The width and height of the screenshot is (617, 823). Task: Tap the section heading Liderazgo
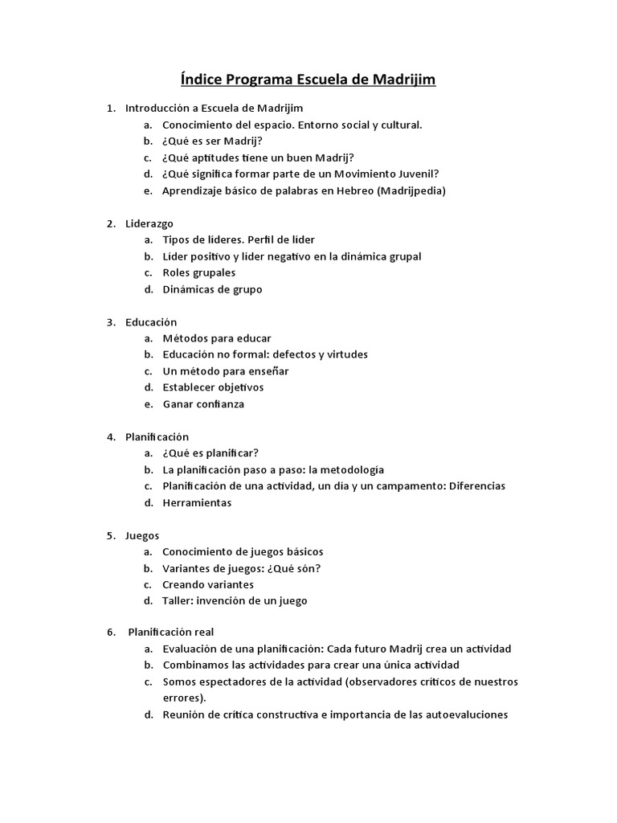click(x=149, y=223)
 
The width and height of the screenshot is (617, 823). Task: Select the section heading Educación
click(x=151, y=322)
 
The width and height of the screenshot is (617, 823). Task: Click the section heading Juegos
click(x=142, y=535)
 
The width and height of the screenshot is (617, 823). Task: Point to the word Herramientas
click(x=197, y=503)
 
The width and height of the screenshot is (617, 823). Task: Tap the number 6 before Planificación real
click(x=112, y=632)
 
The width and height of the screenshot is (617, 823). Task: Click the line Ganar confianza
click(x=203, y=404)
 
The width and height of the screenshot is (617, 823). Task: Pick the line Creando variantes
click(x=208, y=585)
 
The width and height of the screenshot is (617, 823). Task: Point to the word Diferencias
click(x=477, y=486)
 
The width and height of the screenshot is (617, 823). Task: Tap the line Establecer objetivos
click(x=213, y=387)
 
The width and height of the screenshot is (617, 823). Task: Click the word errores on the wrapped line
click(x=182, y=698)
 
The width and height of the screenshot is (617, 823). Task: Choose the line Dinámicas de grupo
click(x=212, y=289)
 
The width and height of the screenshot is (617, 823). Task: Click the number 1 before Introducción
click(x=111, y=108)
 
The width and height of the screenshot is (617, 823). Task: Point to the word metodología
click(x=347, y=469)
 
